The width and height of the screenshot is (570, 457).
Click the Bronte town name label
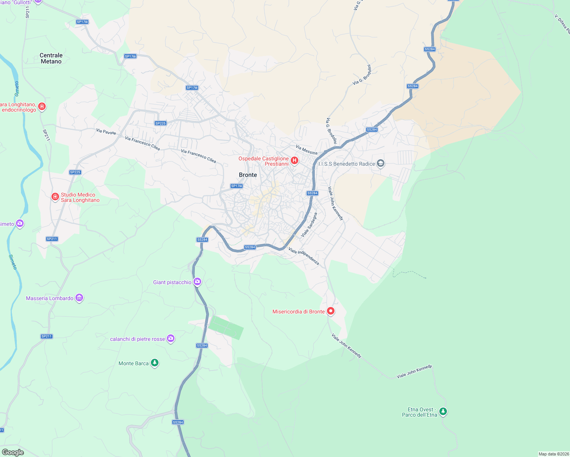[248, 175]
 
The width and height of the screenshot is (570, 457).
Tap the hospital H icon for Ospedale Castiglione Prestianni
[294, 161]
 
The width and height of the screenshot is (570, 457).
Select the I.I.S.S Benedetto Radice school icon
[380, 164]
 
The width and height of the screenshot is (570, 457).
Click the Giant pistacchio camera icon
[197, 282]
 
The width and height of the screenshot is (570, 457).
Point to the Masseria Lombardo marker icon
[79, 298]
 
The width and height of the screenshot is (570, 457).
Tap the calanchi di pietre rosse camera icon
[171, 339]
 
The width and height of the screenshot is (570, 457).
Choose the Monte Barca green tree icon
[155, 363]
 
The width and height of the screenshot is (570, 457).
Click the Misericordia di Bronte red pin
[331, 311]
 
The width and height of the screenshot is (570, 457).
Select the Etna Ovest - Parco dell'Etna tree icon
[443, 411]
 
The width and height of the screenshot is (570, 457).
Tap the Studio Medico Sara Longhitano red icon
[55, 197]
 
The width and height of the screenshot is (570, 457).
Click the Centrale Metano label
[51, 58]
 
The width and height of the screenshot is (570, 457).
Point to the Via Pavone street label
[106, 132]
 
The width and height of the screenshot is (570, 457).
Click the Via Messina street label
[306, 150]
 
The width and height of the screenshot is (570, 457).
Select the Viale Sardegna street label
[309, 225]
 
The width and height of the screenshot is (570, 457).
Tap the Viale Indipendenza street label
[304, 256]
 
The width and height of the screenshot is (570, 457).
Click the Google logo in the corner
[13, 452]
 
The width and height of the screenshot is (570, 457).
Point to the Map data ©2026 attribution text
[553, 454]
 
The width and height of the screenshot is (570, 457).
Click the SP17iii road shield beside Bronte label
[237, 186]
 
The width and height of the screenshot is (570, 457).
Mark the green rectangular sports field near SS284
[226, 328]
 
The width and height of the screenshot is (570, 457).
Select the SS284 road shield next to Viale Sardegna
[312, 193]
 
